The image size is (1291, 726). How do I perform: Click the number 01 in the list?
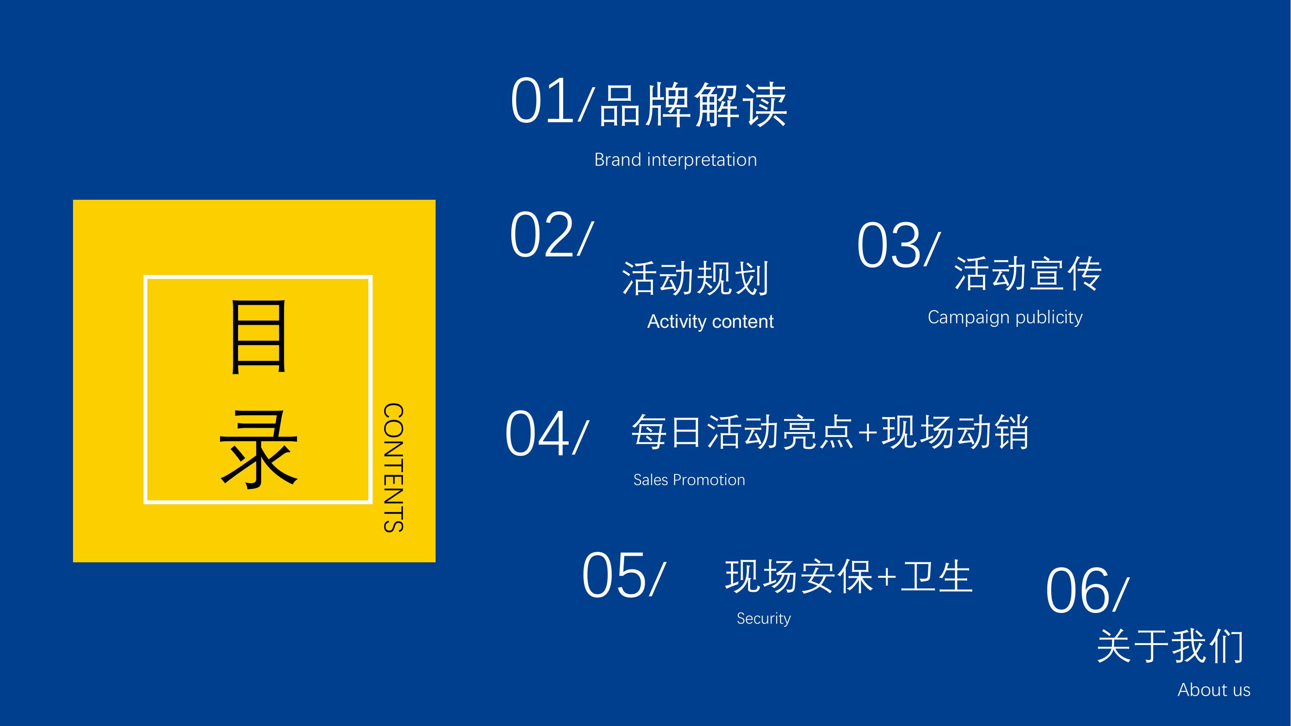coord(542,100)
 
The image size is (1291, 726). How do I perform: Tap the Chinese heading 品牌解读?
coord(693,105)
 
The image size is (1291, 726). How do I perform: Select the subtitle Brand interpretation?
coord(675,160)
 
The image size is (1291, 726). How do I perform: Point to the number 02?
coord(541,235)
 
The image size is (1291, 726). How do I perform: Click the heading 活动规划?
coord(695,278)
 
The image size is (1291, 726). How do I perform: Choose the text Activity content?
coord(710,321)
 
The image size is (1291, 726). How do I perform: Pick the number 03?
coord(888,245)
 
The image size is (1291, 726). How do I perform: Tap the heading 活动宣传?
coord(1027,274)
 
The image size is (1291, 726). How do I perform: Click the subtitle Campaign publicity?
coord(1005,317)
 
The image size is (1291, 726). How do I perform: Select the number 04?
coord(537,433)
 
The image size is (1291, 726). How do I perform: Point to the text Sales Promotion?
coord(689,480)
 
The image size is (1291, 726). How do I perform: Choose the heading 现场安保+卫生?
coord(849,577)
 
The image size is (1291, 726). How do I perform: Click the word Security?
coord(764,619)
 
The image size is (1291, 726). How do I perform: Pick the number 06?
coord(1078,590)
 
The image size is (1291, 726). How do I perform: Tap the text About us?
coord(1214,690)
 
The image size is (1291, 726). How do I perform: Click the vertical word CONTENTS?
coord(393,467)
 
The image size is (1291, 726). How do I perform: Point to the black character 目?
coord(259,337)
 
